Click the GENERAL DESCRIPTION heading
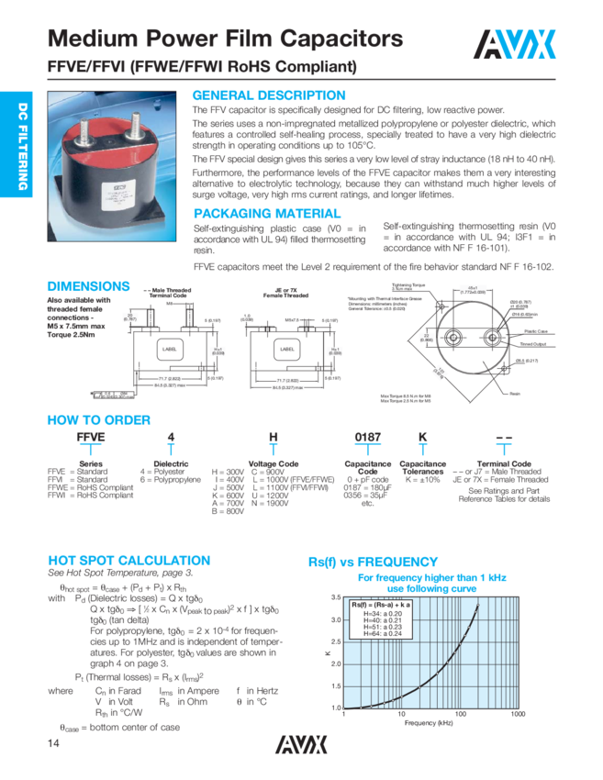pos(268,95)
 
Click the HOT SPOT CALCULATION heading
pos(128,560)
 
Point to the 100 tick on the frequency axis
pos(461,714)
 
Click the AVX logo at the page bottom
pos(301,740)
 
